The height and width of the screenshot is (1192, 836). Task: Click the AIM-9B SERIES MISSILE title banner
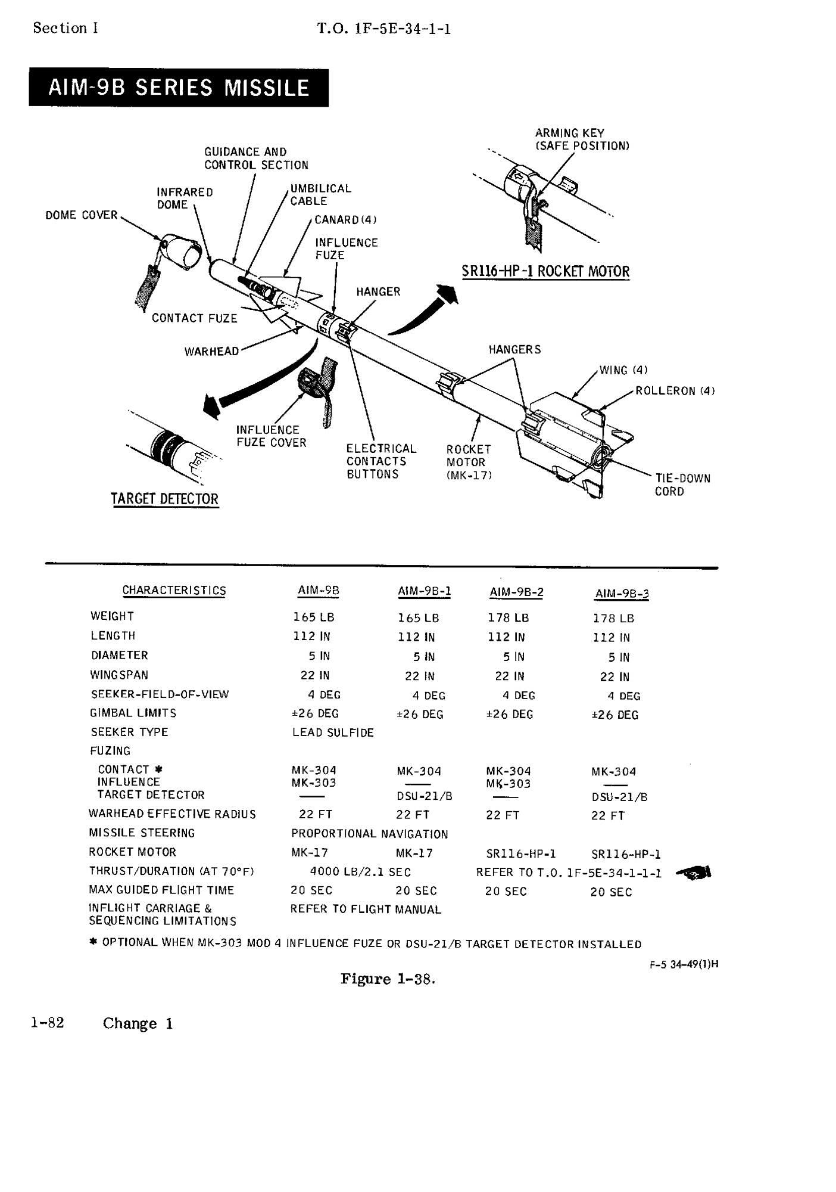(178, 88)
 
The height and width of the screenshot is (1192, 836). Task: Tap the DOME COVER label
(82, 215)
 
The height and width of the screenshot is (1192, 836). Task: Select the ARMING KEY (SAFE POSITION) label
(582, 139)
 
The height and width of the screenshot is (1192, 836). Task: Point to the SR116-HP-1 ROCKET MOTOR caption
(545, 272)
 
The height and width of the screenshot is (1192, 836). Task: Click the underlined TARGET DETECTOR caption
(164, 499)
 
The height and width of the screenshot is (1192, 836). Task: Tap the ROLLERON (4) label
(675, 391)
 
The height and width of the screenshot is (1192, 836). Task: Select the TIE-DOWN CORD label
(682, 485)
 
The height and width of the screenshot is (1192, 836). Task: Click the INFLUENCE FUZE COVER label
(271, 436)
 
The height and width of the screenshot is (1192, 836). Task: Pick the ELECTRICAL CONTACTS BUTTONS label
(381, 461)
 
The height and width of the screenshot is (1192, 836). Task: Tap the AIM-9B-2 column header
(516, 592)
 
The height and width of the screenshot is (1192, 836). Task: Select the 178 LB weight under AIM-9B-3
(613, 619)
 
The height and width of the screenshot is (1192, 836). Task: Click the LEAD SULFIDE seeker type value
(333, 732)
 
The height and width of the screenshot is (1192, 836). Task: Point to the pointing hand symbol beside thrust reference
(694, 873)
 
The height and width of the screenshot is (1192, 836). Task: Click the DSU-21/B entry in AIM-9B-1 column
(424, 796)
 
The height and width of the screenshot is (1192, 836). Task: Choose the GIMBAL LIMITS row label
(133, 713)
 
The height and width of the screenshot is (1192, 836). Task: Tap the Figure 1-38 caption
(388, 979)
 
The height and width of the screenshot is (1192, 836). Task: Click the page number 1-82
(48, 1023)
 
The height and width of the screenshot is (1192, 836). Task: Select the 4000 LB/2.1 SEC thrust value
(360, 872)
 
